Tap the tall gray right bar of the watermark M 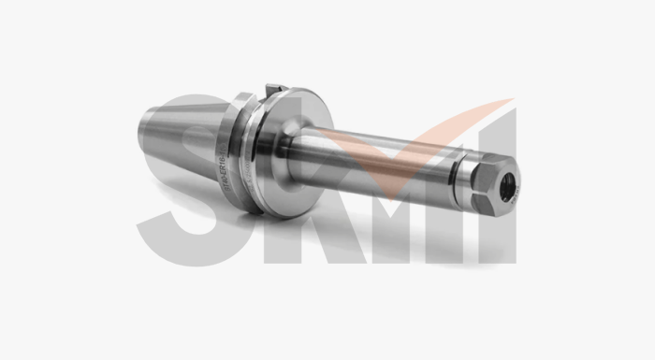click(501, 224)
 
